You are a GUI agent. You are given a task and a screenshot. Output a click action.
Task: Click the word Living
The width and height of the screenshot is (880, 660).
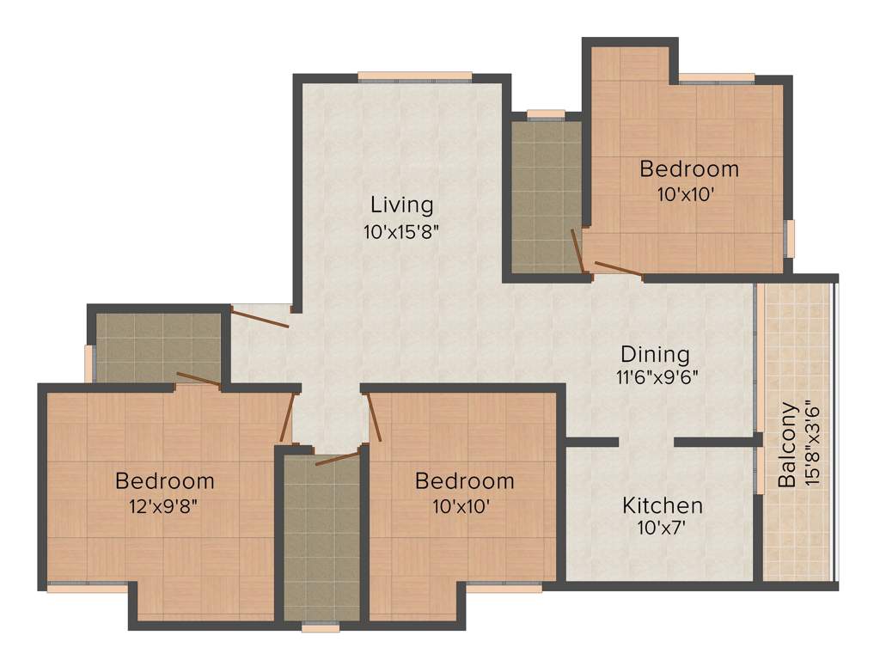pos(401,205)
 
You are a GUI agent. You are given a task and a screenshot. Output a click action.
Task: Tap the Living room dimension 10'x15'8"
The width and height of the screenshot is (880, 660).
pos(401,231)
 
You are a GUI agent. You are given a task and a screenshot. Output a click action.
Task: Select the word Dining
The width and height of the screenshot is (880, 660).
pos(655,354)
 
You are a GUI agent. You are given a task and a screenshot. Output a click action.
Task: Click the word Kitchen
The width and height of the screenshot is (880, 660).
pos(662,505)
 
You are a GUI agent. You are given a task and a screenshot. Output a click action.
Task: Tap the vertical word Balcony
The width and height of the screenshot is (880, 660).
pos(786,444)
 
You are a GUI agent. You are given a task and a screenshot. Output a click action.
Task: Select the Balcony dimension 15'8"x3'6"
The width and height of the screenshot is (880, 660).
pos(813,444)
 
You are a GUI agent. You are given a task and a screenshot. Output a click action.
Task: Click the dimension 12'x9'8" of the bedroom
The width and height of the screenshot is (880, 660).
pos(164,505)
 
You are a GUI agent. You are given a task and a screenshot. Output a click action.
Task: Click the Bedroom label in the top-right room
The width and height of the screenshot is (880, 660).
pos(688,168)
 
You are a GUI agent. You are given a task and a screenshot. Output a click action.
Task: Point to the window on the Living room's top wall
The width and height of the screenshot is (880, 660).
pos(415,76)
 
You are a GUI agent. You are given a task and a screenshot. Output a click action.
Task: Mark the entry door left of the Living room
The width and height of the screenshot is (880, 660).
pos(260,317)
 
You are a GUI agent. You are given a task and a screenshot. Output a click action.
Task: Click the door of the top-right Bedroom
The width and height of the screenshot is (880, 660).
pos(618,269)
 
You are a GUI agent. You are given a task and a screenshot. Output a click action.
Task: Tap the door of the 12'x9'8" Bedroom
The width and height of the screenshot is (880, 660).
pos(288,417)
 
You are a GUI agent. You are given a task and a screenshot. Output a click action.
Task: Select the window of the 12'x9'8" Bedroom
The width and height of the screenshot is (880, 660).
pos(88,588)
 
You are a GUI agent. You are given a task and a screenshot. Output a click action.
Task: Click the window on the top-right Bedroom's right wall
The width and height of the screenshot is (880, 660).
pos(790,237)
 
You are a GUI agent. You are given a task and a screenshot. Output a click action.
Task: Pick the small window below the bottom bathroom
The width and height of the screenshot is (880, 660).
pos(321,628)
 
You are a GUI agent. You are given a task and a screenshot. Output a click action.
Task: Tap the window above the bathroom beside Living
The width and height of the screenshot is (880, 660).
pos(546,113)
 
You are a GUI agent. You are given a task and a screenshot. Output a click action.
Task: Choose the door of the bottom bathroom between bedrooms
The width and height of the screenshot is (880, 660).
pos(336,457)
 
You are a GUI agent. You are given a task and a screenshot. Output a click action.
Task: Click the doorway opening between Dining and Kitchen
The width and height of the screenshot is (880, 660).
pos(646,442)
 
